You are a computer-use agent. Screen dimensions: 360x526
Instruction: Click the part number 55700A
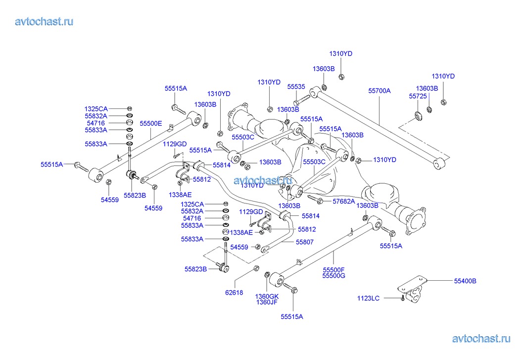[x=380, y=91]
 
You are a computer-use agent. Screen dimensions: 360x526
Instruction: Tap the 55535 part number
[x=296, y=86]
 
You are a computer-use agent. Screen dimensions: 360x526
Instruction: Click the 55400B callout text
[x=465, y=281]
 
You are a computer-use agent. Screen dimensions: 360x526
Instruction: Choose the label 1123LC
[x=368, y=298]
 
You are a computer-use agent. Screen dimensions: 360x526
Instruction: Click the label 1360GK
[x=267, y=296]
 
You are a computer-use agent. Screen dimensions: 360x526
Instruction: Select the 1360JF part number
[x=267, y=302]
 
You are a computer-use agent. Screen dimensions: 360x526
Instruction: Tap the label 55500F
[x=334, y=270]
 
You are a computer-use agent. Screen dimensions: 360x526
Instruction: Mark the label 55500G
[x=334, y=276]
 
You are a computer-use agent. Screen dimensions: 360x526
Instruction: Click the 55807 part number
[x=305, y=242]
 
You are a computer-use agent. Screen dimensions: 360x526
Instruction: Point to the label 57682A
[x=343, y=202]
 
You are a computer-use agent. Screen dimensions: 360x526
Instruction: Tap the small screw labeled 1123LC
[x=403, y=298]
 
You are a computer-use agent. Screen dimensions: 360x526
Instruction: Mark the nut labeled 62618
[x=256, y=268]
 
